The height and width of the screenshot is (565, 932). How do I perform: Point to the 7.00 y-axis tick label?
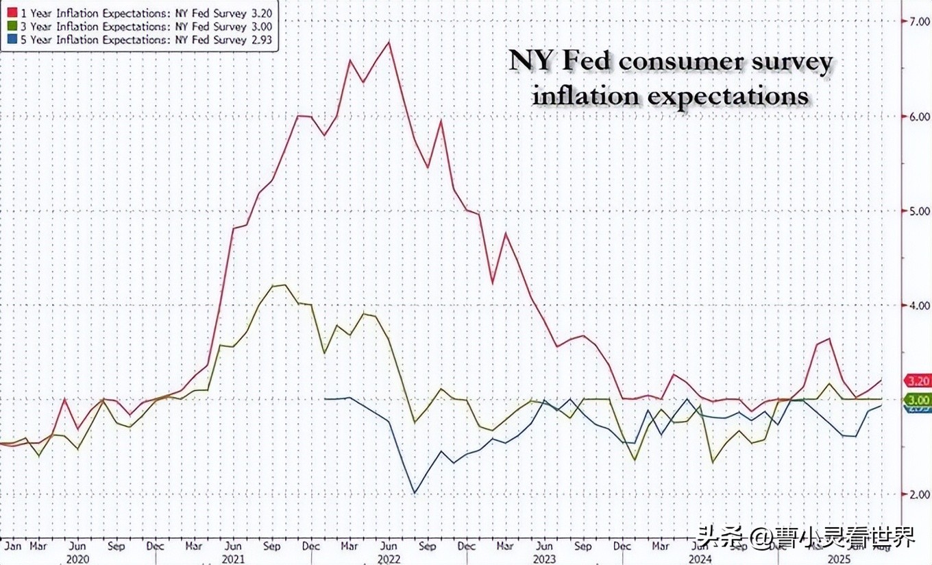coord(918,21)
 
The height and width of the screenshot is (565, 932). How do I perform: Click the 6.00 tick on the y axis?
coord(918,117)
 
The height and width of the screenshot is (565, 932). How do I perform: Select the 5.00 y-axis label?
coord(918,211)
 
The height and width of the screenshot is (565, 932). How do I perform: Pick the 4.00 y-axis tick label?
coord(918,306)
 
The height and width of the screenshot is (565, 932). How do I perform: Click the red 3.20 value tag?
coord(918,381)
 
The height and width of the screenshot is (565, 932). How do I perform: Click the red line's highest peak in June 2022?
coord(389,43)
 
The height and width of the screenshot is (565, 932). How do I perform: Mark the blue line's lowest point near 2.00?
coord(415,492)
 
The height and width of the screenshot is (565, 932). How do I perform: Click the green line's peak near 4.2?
coord(284,285)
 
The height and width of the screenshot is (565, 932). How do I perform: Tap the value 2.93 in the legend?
coord(260,40)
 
